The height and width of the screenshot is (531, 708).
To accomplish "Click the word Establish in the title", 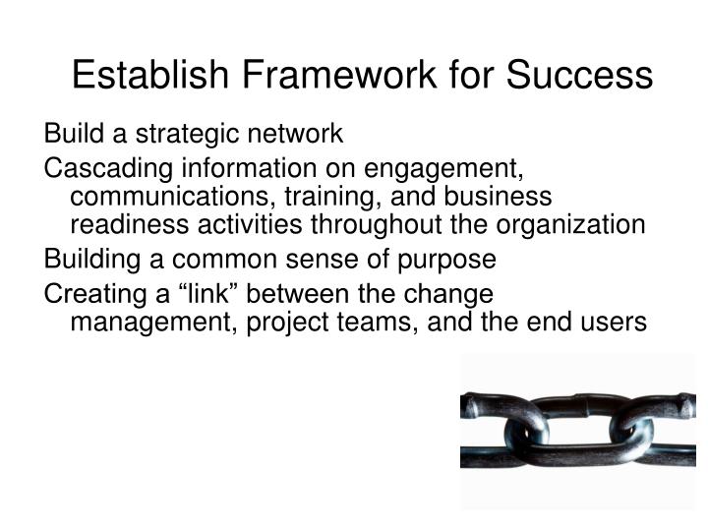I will (x=144, y=76).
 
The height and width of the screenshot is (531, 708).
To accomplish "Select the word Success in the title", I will (x=580, y=76).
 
